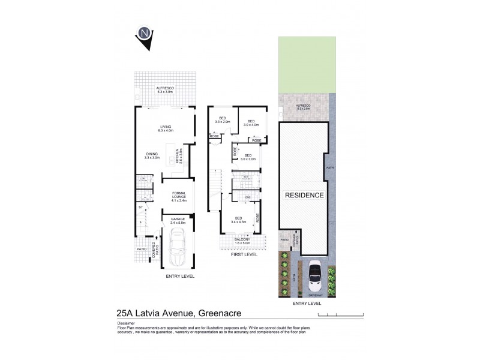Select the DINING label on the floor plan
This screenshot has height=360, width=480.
tap(151, 155)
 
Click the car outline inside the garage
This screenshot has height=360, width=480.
tap(178, 250)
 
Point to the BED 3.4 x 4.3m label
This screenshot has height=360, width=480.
tap(238, 220)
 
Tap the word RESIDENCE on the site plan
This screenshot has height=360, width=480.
tap(304, 196)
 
